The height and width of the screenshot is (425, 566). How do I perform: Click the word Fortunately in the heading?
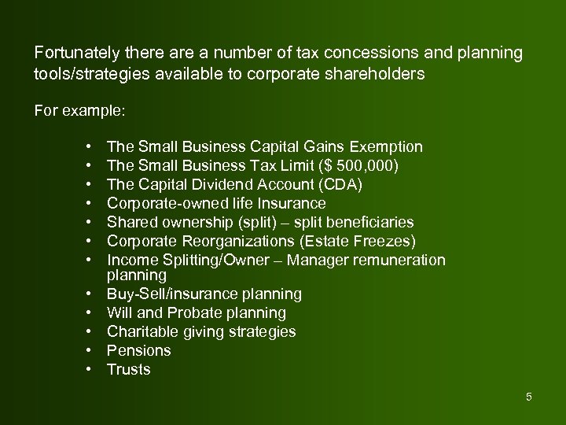click(x=76, y=53)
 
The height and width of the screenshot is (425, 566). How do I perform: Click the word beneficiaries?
click(x=366, y=223)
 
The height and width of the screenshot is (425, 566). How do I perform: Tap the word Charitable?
click(x=140, y=332)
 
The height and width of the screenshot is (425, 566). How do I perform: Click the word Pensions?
click(x=139, y=351)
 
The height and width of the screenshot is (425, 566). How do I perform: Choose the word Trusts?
click(x=129, y=370)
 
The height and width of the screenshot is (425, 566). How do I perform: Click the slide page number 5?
click(x=529, y=397)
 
